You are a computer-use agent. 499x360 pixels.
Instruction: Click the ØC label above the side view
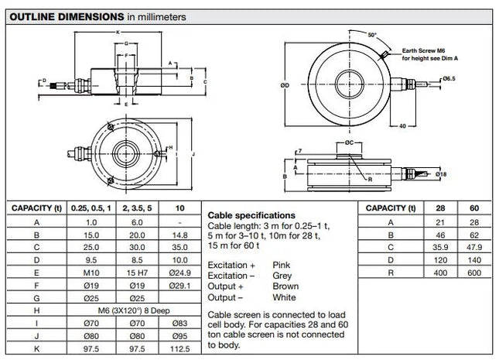pos(349,143)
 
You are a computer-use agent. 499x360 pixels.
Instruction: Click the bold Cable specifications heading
pos(251,214)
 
